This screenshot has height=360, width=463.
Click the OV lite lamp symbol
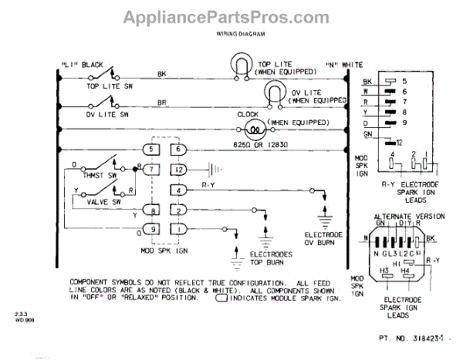tap(273, 91)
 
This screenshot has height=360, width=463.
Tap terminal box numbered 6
tap(179, 148)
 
